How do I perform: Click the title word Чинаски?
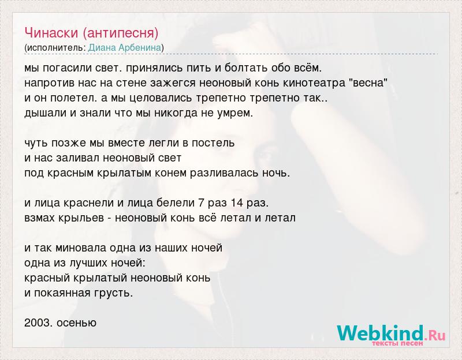tap(51, 33)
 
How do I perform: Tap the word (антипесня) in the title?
tap(120, 33)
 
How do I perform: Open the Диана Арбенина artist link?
tap(125, 48)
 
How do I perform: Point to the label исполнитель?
tap(55, 48)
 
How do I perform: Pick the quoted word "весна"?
tap(368, 82)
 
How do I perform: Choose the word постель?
tap(213, 143)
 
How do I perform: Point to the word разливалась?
tap(224, 174)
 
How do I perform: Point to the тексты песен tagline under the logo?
tap(397, 343)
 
